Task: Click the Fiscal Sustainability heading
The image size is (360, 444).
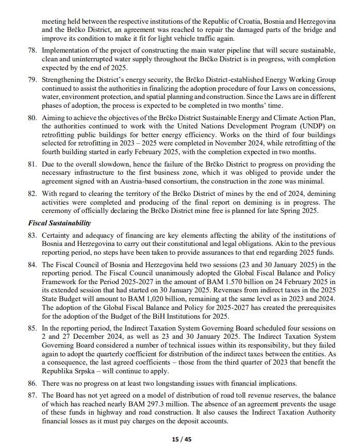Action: [59, 223]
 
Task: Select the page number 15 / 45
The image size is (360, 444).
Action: [181, 439]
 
